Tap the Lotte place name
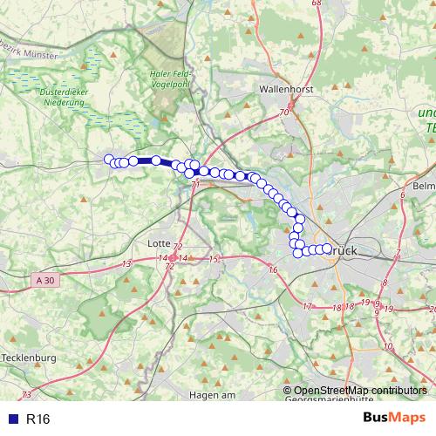coord(160,242)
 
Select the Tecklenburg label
coord(29,358)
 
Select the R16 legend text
coord(38,419)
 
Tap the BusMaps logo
coord(393,419)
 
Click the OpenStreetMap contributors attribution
coord(360,391)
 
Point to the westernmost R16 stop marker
coord(109,159)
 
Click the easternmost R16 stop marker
coord(328,249)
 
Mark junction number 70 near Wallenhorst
coord(284,113)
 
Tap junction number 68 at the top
coord(316,3)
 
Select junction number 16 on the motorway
coord(273,269)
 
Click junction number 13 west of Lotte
coord(126,262)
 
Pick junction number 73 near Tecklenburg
coord(26,395)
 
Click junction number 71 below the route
coord(195,185)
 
